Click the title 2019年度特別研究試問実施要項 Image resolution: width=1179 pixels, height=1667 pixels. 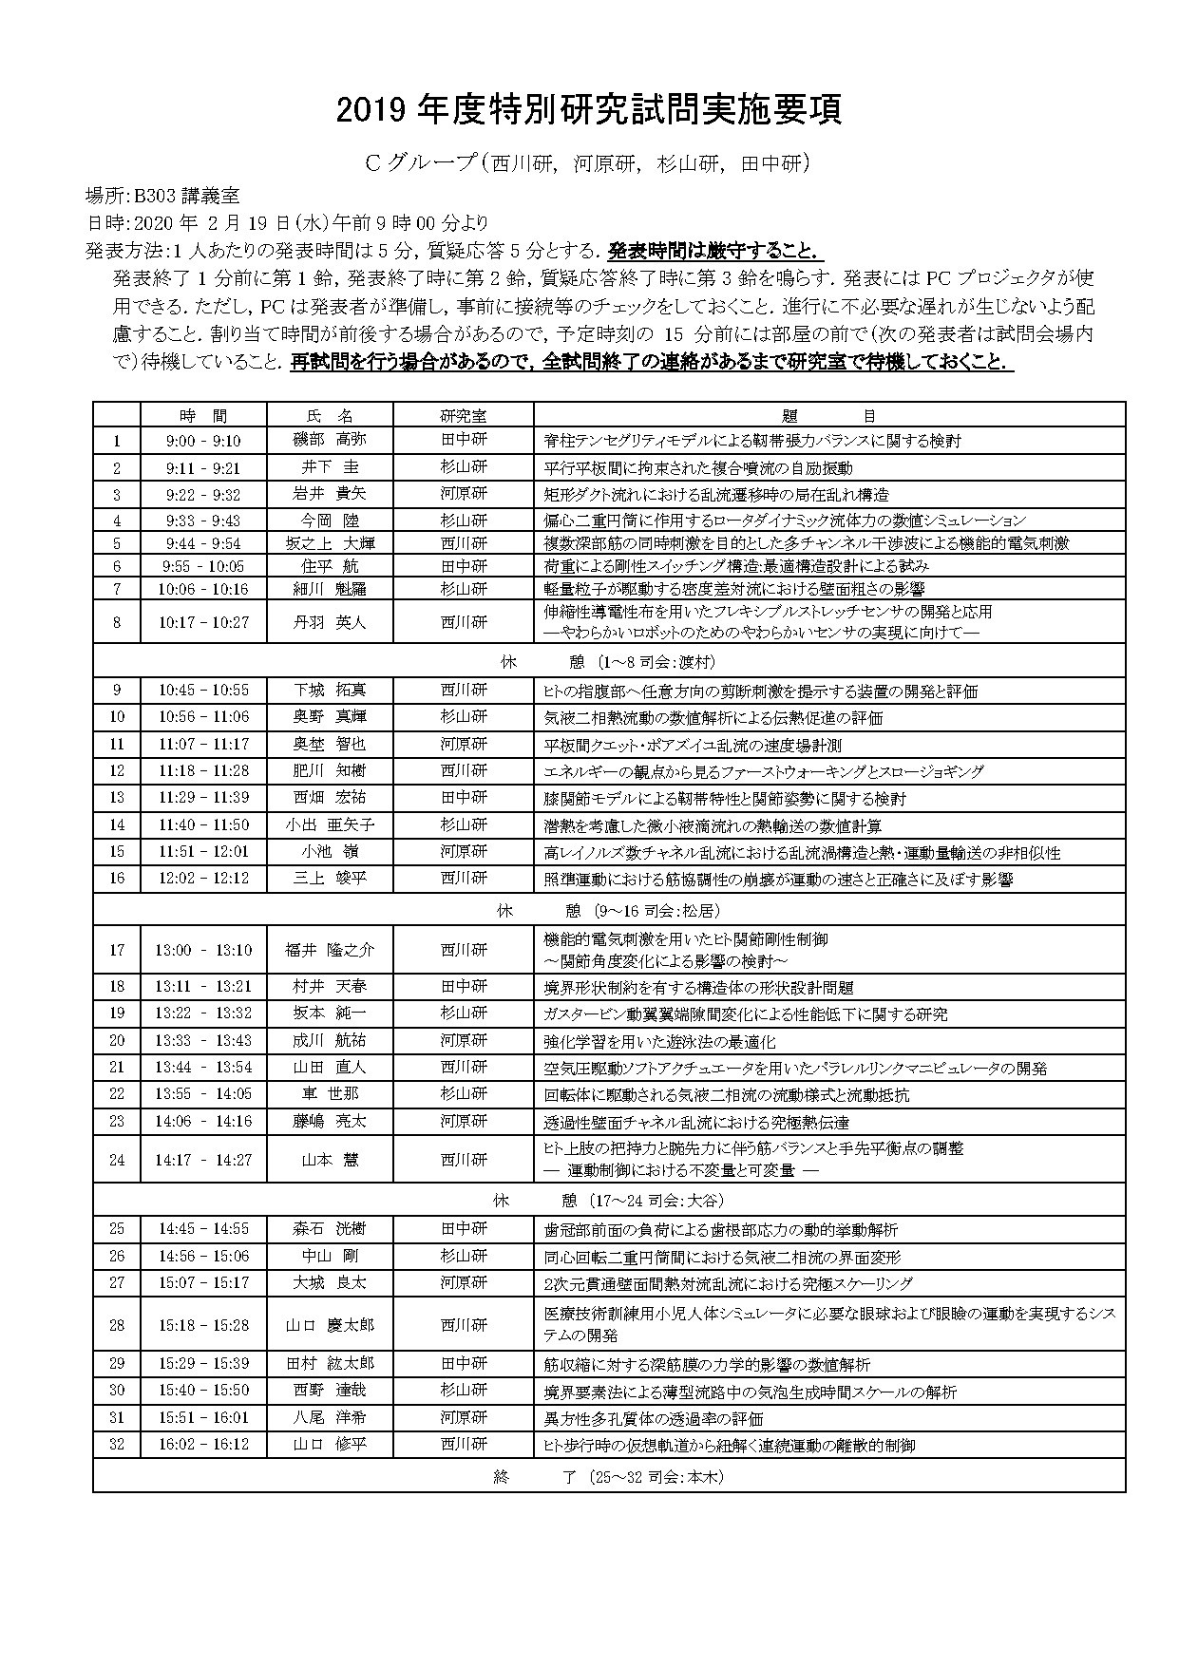(589, 110)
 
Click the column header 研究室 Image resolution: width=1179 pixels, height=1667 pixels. (464, 416)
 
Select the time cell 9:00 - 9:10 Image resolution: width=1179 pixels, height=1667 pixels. (203, 441)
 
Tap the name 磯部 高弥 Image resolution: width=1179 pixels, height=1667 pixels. (329, 441)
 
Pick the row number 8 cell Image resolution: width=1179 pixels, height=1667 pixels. (117, 622)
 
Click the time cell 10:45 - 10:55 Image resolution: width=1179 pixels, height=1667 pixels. (203, 691)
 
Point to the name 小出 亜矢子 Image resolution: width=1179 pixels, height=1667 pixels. (329, 824)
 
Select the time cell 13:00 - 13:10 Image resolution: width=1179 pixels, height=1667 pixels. (203, 949)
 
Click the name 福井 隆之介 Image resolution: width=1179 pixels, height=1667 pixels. (329, 949)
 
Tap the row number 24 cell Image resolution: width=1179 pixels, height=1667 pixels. (117, 1159)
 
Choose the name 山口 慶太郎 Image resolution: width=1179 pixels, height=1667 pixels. (329, 1324)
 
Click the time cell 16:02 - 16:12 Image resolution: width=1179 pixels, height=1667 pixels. (203, 1444)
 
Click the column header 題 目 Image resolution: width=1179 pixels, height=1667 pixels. (828, 416)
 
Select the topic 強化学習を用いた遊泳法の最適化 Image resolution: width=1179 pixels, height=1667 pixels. (659, 1041)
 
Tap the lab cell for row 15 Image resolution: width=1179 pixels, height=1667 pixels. (464, 851)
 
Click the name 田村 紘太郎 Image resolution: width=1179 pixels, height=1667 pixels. (329, 1363)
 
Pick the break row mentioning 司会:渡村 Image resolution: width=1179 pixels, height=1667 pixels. (608, 662)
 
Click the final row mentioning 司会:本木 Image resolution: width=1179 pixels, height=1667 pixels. (608, 1477)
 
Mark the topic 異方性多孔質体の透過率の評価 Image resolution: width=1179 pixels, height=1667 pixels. (653, 1417)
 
